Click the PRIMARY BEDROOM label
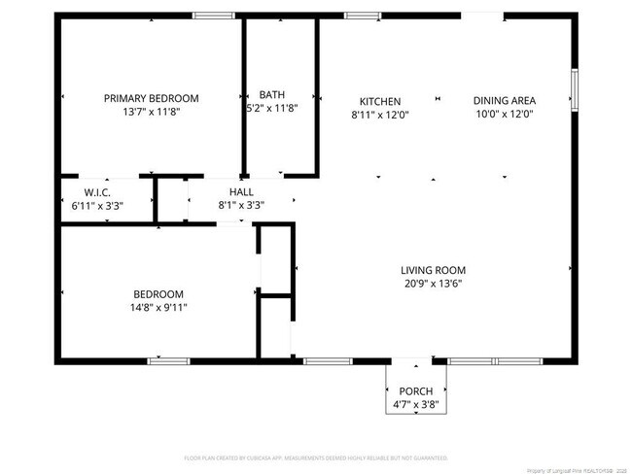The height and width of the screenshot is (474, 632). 151,98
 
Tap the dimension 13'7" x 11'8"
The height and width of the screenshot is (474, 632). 151,112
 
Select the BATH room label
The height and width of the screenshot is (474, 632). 272,94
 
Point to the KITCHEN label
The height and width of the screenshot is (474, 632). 380,101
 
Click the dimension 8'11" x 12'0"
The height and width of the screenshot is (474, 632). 380,115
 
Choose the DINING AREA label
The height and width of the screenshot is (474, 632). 504,100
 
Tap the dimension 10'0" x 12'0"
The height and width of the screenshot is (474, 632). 504,114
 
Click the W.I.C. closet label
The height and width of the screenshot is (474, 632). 98,192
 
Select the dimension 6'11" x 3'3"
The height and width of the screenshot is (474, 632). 98,206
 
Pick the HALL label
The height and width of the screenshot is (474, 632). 241,192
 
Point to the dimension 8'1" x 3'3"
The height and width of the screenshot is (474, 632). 241,205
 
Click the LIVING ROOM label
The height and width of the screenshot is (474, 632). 433,270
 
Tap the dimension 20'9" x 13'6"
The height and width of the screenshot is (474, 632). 433,284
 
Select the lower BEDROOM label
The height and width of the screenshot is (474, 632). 158,294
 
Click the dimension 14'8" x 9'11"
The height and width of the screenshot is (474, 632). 158,308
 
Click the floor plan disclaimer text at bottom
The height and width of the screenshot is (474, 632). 315,457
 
